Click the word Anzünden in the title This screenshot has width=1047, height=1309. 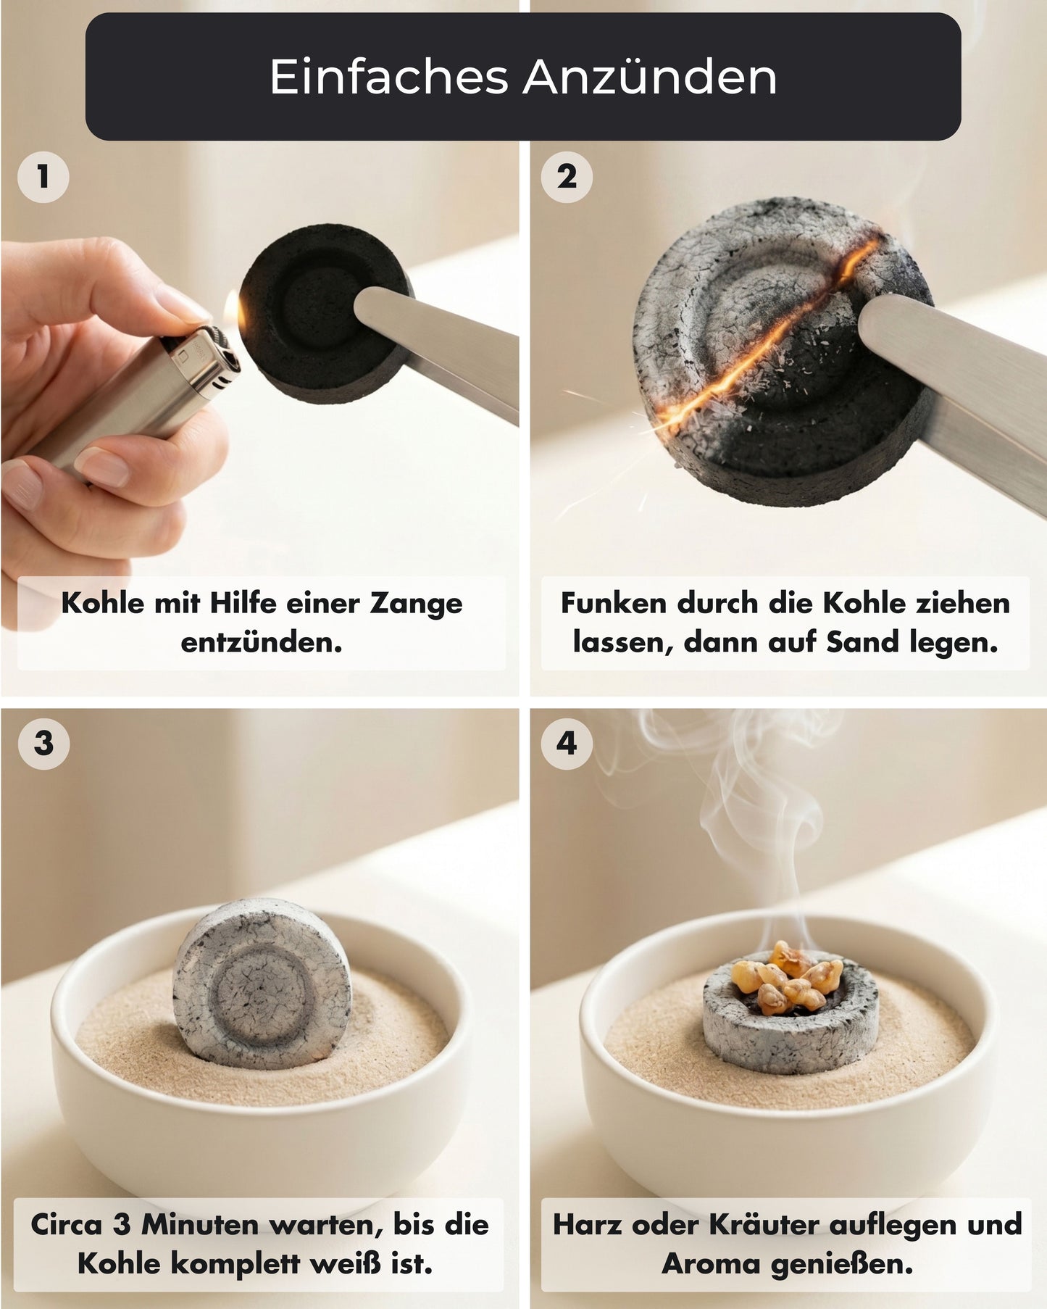650,76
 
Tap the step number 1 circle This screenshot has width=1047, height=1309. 43,176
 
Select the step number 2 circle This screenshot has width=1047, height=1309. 567,176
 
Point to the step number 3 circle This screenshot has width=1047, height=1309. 43,743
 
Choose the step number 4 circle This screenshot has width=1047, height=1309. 567,743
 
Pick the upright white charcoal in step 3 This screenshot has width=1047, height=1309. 262,982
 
